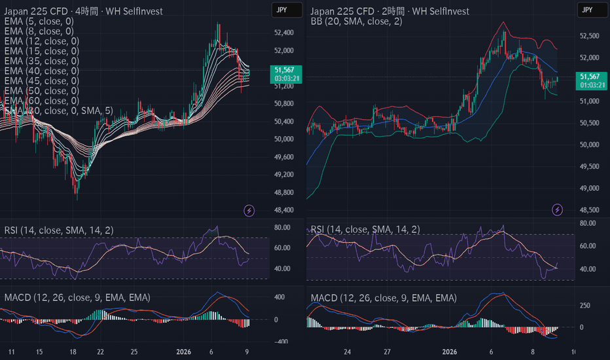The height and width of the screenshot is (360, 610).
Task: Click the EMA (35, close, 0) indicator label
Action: [41, 61]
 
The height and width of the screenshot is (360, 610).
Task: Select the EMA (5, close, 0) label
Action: [39, 21]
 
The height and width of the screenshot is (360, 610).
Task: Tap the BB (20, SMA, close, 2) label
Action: [356, 21]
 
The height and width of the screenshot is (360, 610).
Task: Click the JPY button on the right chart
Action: [586, 10]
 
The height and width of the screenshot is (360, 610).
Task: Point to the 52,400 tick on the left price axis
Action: [284, 33]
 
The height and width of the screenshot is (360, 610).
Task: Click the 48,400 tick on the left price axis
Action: [284, 210]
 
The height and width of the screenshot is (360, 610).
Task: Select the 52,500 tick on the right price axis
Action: [589, 37]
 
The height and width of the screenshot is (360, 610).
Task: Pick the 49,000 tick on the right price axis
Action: [589, 189]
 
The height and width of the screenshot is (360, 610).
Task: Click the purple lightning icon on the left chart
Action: [249, 210]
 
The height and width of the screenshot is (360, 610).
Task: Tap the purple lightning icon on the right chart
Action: [557, 210]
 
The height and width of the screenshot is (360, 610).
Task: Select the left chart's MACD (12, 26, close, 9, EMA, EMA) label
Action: [77, 298]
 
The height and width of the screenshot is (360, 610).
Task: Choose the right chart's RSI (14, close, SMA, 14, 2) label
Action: [365, 229]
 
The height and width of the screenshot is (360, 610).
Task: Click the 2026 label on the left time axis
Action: [184, 351]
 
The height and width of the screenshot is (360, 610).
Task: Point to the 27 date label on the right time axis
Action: [387, 351]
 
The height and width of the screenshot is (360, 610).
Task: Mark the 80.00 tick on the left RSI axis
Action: [282, 228]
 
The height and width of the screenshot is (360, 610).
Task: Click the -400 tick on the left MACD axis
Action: [281, 342]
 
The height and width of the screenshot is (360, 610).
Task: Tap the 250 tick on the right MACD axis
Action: [586, 306]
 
